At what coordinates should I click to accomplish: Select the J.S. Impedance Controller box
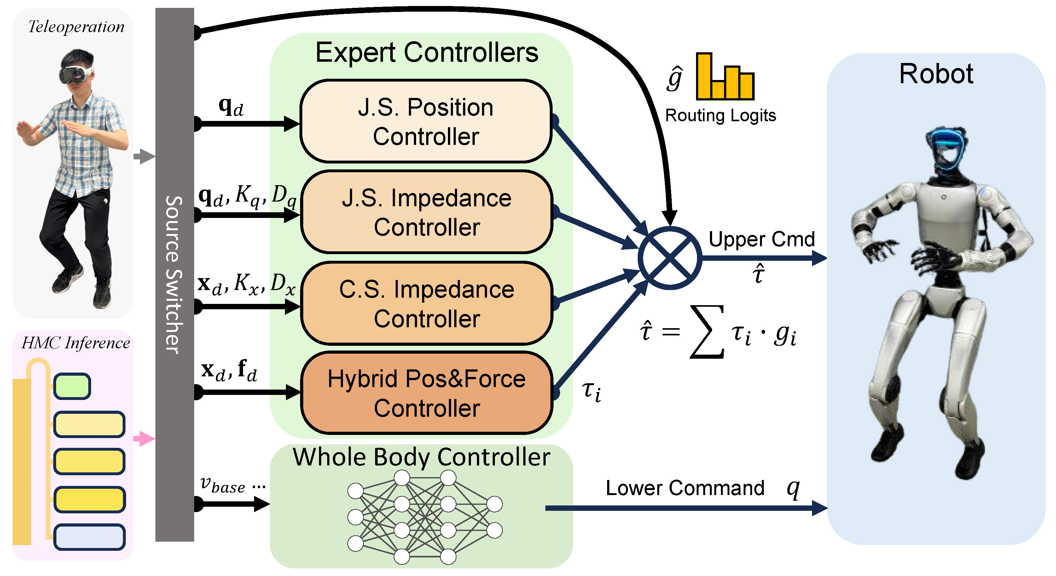click(426, 212)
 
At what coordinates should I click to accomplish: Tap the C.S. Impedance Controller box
click(426, 304)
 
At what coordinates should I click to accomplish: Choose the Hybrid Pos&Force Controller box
click(426, 393)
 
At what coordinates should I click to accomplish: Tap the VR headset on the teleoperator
click(76, 74)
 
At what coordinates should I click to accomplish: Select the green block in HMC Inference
click(72, 386)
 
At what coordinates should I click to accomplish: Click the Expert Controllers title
click(426, 53)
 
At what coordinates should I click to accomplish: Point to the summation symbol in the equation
click(706, 332)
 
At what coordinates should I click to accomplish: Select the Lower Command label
click(685, 488)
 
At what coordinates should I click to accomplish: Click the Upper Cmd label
click(761, 239)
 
